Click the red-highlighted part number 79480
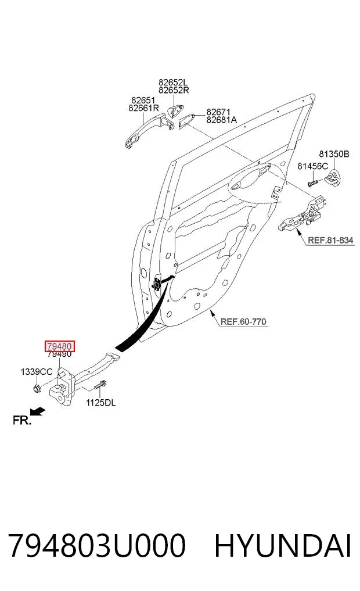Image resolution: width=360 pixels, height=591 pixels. coord(60,346)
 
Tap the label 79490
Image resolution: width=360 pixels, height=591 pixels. coord(60,354)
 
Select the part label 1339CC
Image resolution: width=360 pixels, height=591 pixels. coord(37,372)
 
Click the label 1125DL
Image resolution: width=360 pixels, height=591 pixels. coord(101,403)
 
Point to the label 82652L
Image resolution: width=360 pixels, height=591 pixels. coord(173,82)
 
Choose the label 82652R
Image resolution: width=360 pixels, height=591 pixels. coord(174,91)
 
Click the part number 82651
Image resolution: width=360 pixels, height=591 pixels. coord(143,101)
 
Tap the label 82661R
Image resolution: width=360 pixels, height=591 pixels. coord(144,108)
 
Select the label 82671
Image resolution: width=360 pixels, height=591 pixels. coord(218,112)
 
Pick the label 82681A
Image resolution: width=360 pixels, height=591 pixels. coord(221,120)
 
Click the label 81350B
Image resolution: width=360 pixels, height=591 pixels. coord(334,154)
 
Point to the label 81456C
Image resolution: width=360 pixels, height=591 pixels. coord(312,166)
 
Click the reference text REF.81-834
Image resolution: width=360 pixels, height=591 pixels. coord(330,240)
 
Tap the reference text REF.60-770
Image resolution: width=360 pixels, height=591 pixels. coord(243,321)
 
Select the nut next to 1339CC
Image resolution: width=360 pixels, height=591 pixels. coord(37,388)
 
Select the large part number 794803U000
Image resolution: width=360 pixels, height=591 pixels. coord(97,546)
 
